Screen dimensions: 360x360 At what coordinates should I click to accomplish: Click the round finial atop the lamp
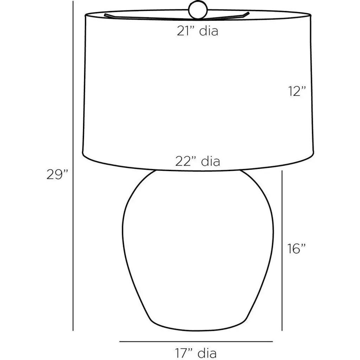coord(198,10)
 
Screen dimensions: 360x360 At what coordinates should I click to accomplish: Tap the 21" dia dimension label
coord(197,31)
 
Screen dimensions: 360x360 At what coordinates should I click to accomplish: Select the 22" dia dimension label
coord(198,161)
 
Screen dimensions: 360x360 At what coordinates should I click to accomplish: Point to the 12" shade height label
coord(297,91)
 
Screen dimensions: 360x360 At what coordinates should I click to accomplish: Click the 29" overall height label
coord(58,174)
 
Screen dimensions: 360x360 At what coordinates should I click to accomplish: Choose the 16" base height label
coord(297,249)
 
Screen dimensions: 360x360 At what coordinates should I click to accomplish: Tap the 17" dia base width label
coord(196,353)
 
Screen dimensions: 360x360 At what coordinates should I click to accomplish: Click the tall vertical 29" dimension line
coord(73,166)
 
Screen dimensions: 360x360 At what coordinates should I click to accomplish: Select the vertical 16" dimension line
coord(282,250)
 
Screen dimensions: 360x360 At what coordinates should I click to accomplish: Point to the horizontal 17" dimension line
coord(196,341)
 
